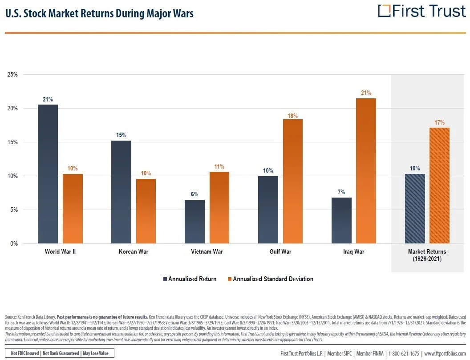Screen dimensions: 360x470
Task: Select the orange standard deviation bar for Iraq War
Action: (366, 171)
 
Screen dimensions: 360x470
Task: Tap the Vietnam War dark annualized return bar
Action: (194, 222)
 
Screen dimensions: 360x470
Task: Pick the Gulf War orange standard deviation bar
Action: (292, 182)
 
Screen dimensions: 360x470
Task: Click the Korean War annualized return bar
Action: (121, 192)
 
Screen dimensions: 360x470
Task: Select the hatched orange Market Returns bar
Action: (439, 186)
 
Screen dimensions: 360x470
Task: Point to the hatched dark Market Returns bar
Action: (415, 209)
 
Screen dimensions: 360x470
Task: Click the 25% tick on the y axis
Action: (12, 75)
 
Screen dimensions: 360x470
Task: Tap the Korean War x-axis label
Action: (134, 252)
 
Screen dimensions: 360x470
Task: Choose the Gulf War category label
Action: (280, 252)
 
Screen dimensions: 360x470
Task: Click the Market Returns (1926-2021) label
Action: (427, 255)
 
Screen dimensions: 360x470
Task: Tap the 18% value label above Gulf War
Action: (292, 116)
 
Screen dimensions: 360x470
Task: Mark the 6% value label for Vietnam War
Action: (194, 194)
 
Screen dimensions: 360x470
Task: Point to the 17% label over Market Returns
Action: (439, 122)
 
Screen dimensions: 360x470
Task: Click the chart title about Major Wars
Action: (99, 14)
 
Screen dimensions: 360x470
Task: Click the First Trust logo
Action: (421, 11)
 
